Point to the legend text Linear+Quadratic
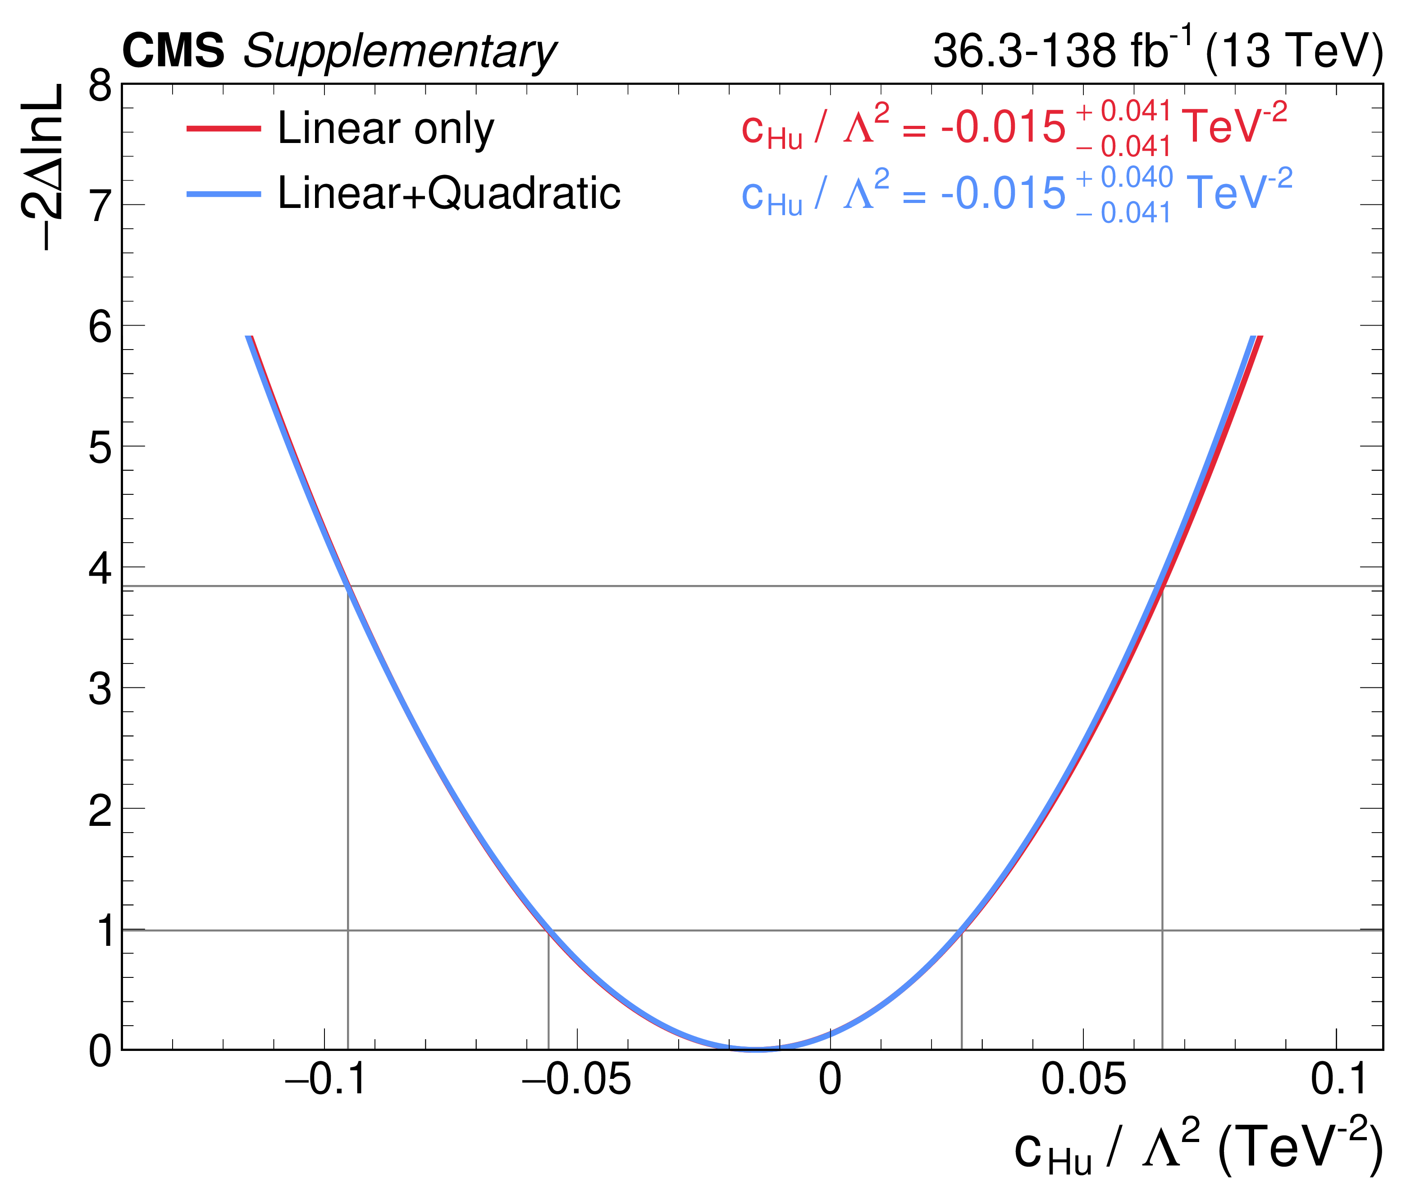[449, 193]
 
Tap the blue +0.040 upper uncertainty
[1124, 177]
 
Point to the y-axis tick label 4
[100, 568]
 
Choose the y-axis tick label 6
[100, 327]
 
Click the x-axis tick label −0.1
[325, 1079]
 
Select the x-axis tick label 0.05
[1083, 1079]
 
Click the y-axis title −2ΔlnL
[45, 168]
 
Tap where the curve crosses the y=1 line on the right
[961, 930]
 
